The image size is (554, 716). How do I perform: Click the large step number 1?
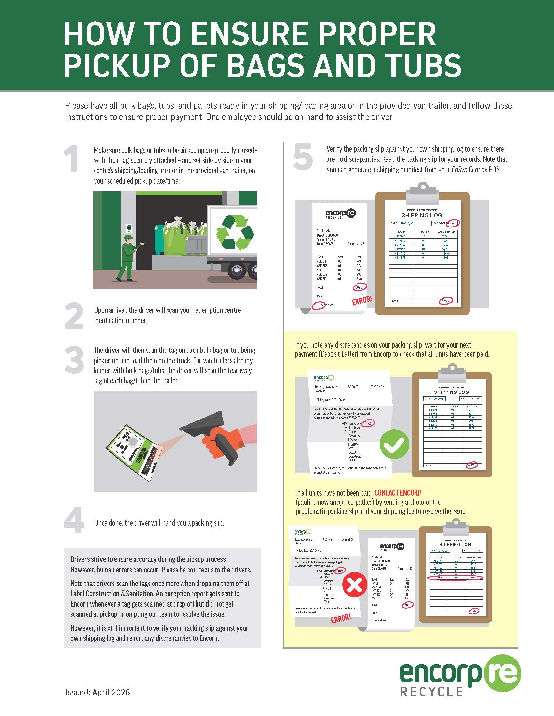[x=72, y=159]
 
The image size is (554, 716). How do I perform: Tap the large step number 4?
[x=74, y=520]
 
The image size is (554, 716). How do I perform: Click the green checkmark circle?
[x=394, y=444]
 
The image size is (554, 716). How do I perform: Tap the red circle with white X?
[x=355, y=584]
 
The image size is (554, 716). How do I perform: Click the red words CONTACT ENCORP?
[x=398, y=493]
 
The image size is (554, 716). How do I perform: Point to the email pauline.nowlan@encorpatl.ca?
[x=335, y=502]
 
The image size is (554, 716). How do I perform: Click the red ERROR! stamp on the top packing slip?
[x=362, y=300]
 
